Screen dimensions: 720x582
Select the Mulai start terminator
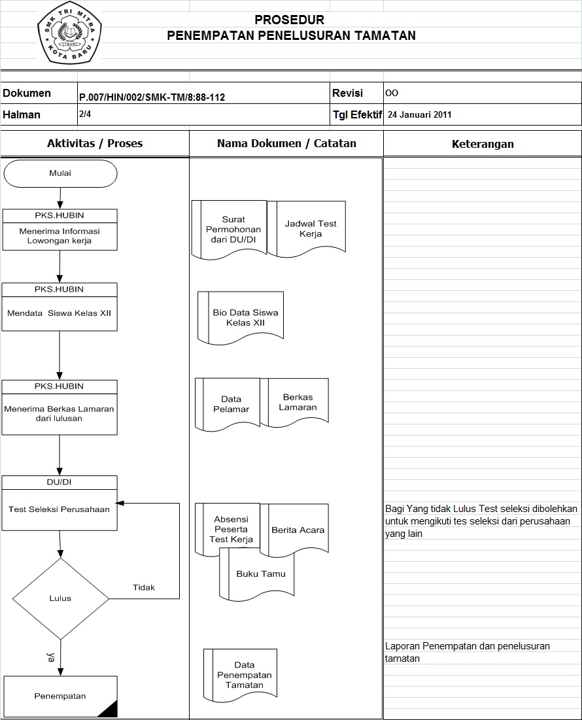tap(60, 173)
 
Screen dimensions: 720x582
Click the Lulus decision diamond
tap(60, 598)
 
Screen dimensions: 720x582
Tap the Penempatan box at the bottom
tap(60, 696)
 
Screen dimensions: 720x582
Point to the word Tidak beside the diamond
tap(144, 587)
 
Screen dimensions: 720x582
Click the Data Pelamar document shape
tap(231, 403)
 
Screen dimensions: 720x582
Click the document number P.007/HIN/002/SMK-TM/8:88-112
tap(152, 97)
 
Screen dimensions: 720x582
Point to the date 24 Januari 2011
tap(419, 114)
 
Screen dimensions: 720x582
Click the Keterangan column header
tap(483, 144)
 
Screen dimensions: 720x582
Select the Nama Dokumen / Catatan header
tap(286, 143)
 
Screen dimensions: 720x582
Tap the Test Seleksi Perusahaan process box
tap(60, 509)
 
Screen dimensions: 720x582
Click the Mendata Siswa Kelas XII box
tap(60, 313)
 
